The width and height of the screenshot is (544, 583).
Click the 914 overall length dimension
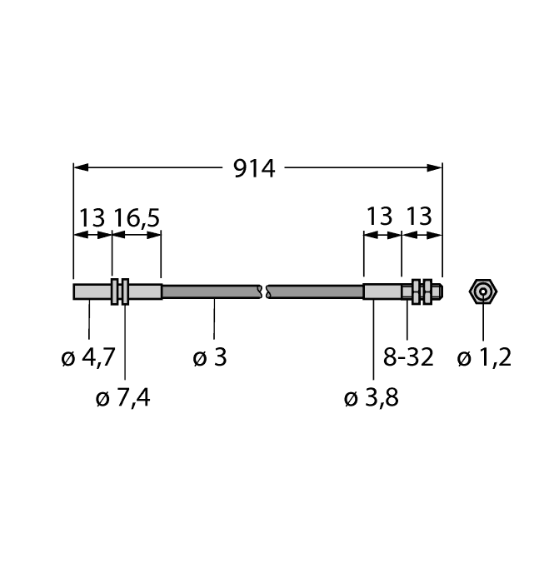[255, 168]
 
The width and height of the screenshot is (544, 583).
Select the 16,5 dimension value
[136, 218]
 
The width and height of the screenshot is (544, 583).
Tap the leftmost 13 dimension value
[92, 218]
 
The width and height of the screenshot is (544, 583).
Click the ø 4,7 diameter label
[88, 358]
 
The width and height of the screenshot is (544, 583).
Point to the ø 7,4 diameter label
[123, 398]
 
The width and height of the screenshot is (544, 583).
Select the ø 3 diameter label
[209, 358]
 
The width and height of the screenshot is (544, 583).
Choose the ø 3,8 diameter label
[372, 398]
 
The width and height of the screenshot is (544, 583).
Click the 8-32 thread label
[409, 358]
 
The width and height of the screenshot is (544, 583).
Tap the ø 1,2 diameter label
[484, 358]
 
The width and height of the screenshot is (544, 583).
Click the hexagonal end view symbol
[483, 291]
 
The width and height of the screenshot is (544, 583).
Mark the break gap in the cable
[263, 291]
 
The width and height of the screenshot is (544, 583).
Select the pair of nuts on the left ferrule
[120, 291]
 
